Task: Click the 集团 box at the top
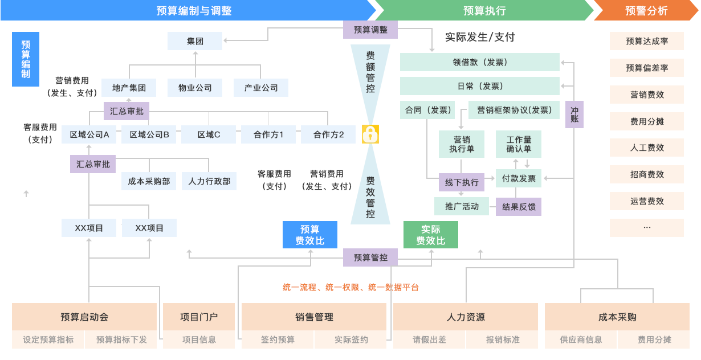(195, 41)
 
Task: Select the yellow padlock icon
(370, 134)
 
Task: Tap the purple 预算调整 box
(370, 30)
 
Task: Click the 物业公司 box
(195, 88)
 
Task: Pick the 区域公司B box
(149, 134)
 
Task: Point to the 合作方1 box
(268, 134)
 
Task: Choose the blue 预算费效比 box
(310, 235)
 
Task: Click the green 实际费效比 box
(431, 235)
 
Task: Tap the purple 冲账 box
(574, 114)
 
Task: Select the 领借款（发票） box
(480, 62)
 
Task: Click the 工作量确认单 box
(519, 144)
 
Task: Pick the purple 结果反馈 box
(519, 206)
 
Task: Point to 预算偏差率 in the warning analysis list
(647, 68)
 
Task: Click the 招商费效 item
(647, 174)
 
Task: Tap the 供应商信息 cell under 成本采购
(581, 339)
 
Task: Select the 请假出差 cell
(429, 339)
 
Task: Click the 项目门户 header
(199, 317)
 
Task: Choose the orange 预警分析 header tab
(646, 10)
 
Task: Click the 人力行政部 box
(209, 181)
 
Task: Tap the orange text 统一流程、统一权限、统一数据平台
(350, 288)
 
